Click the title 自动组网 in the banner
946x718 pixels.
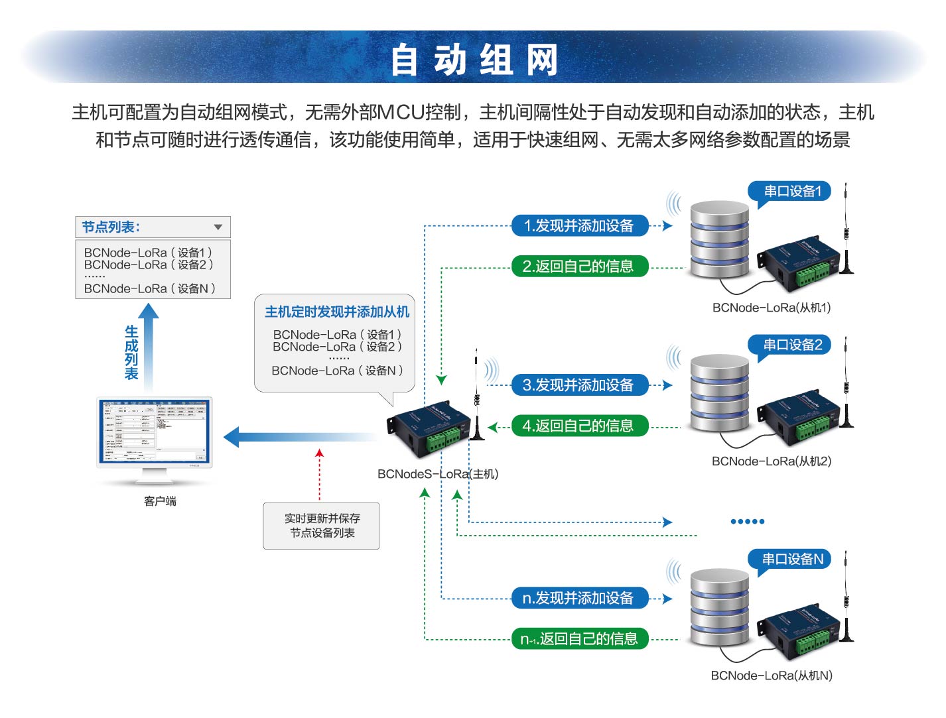coord(474,60)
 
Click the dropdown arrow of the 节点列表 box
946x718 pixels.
coord(218,227)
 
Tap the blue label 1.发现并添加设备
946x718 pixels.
coord(578,226)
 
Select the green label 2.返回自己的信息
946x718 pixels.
coord(578,267)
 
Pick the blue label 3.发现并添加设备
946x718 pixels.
coord(578,385)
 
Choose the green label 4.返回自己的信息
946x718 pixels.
coord(578,426)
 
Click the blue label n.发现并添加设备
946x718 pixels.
coord(578,599)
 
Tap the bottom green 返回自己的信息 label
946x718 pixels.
coord(578,639)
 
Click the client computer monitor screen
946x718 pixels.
coord(154,431)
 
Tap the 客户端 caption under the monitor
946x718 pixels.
coord(160,501)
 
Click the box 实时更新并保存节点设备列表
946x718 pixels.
coord(322,526)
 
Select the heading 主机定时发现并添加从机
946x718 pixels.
coord(337,312)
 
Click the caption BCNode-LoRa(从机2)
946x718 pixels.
coord(771,461)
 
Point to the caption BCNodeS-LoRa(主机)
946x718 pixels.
coord(437,474)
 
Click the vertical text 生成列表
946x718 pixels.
coord(131,352)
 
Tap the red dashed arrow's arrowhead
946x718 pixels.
coord(320,453)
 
